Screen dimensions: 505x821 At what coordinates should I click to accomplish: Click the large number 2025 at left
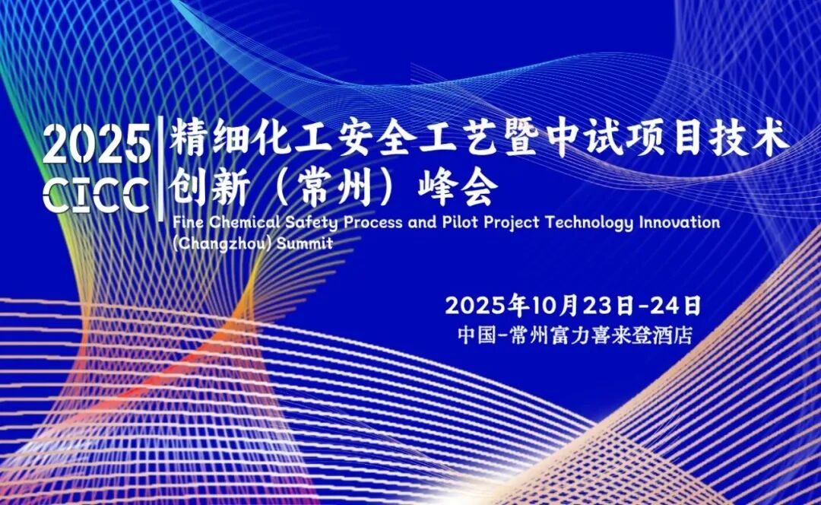click(97, 145)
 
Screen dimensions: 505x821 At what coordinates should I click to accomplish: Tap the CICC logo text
click(97, 195)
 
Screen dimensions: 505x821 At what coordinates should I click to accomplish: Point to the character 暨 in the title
click(528, 140)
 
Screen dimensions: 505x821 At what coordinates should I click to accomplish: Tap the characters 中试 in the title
click(601, 140)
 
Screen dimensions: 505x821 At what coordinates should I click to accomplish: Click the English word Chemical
click(235, 223)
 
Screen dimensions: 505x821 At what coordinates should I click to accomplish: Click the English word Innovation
click(679, 223)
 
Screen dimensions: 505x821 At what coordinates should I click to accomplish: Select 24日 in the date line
click(675, 306)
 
